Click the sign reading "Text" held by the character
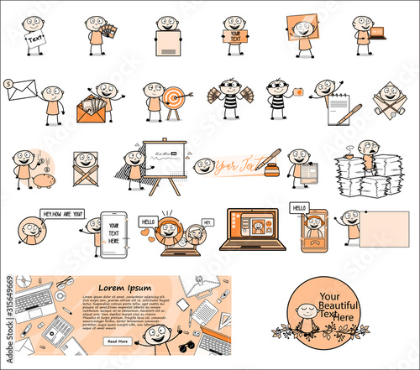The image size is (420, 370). [35, 38]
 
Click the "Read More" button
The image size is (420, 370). [118, 341]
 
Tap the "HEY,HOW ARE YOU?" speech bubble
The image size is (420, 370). [62, 213]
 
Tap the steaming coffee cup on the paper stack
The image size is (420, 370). [346, 156]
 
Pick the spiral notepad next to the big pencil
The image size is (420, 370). [340, 106]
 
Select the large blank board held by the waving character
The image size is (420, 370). [384, 229]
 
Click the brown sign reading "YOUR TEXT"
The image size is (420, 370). [232, 36]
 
